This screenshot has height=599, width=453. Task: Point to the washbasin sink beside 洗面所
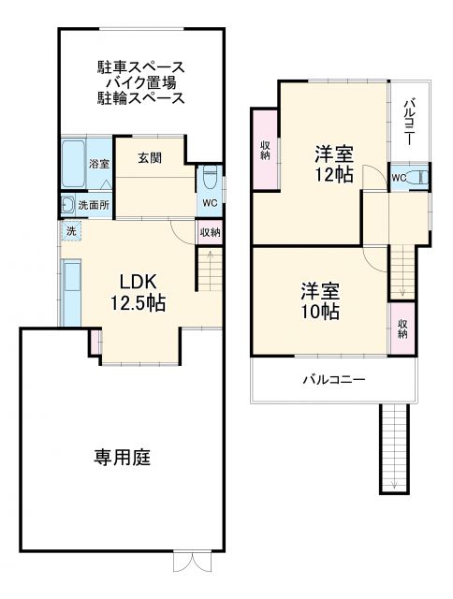point(67,205)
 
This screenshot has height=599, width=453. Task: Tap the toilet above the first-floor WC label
point(210,175)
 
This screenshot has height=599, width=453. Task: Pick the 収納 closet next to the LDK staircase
point(210,232)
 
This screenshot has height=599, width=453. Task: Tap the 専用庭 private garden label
point(122,458)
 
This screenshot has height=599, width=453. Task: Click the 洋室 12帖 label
point(332,163)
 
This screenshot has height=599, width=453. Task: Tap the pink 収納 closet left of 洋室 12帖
point(265,150)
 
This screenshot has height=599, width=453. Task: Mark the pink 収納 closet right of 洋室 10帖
point(402,327)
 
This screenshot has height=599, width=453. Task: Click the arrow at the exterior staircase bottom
point(394,483)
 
